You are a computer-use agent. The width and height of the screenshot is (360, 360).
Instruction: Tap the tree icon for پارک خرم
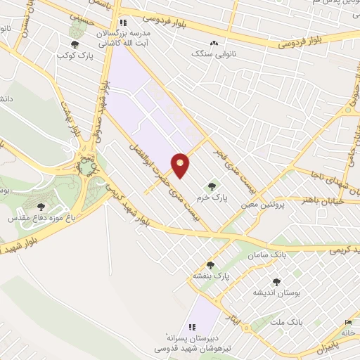click(212, 186)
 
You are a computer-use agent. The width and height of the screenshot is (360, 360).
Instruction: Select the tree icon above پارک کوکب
click(76, 31)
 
